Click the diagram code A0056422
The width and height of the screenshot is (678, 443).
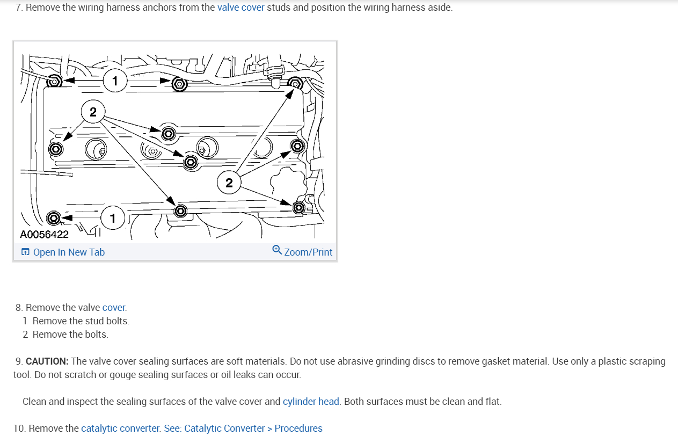(x=44, y=234)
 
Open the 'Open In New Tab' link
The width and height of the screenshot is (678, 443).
(x=68, y=252)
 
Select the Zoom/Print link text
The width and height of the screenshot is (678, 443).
(x=308, y=252)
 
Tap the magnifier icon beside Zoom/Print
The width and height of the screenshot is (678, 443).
(x=277, y=250)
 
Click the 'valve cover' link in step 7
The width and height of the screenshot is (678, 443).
(x=240, y=8)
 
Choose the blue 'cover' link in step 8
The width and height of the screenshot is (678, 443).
(x=114, y=308)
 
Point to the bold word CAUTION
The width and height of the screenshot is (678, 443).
(x=47, y=361)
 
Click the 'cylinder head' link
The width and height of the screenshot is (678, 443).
(x=311, y=402)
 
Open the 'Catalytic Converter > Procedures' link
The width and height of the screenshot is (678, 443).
(x=253, y=429)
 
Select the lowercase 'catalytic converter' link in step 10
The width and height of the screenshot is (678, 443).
(x=120, y=429)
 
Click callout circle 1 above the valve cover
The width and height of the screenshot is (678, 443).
(x=114, y=81)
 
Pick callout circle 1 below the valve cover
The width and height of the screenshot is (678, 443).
(x=112, y=217)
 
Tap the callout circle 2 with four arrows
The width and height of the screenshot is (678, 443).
(x=93, y=112)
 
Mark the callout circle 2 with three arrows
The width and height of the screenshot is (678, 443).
(x=229, y=183)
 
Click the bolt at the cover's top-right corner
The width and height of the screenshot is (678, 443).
(x=295, y=83)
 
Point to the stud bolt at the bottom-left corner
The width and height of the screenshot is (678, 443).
(x=53, y=217)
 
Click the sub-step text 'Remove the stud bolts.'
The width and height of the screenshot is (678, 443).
(x=81, y=321)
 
